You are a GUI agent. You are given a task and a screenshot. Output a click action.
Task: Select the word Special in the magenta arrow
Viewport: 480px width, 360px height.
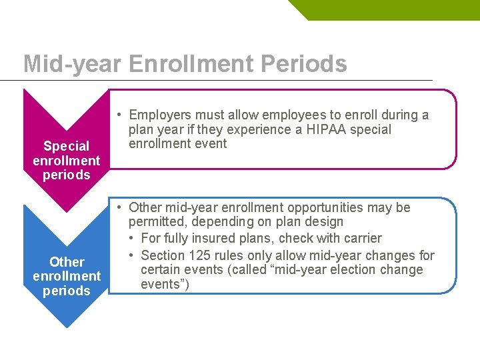[x=66, y=146]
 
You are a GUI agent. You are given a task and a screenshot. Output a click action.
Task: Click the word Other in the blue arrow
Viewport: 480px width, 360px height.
[x=67, y=262]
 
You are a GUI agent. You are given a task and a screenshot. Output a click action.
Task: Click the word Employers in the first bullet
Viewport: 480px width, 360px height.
[x=160, y=115]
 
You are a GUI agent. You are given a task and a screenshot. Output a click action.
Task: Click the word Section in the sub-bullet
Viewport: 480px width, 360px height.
[x=163, y=255]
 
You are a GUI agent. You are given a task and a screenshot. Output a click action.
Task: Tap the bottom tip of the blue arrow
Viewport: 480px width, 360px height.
[x=66, y=327]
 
